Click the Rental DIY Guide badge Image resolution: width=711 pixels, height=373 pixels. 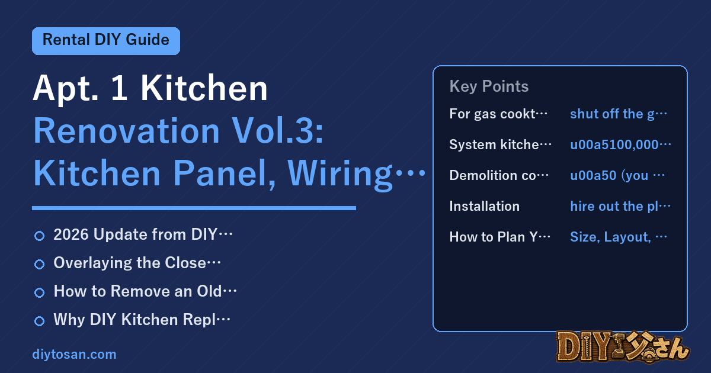pyautogui.click(x=106, y=41)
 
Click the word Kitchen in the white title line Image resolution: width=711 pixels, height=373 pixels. pyautogui.click(x=204, y=88)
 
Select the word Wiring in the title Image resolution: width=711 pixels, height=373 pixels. pyautogui.click(x=340, y=174)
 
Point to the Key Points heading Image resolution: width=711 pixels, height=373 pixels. pyautogui.click(x=489, y=86)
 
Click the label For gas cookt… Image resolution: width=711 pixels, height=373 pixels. pyautogui.click(x=498, y=114)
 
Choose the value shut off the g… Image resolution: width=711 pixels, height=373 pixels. pyautogui.click(x=619, y=114)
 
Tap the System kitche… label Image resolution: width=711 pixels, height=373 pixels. pyautogui.click(x=500, y=144)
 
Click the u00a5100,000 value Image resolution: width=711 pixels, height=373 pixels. pyautogui.click(x=620, y=144)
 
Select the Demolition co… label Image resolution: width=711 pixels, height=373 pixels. pyautogui.click(x=499, y=175)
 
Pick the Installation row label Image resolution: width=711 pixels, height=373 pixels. pyautogui.click(x=485, y=206)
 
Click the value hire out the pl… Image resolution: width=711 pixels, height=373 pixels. pyautogui.click(x=620, y=206)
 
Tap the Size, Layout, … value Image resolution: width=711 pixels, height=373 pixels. pyautogui.click(x=619, y=237)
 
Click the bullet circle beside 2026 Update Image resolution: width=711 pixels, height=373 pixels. pyautogui.click(x=39, y=236)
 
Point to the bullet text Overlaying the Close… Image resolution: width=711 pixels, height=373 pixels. pyautogui.click(x=137, y=263)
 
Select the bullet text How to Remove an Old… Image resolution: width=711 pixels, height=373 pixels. pyautogui.click(x=145, y=291)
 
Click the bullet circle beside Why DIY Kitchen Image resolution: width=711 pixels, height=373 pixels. pyautogui.click(x=39, y=321)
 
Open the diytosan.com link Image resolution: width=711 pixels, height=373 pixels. pyautogui.click(x=74, y=354)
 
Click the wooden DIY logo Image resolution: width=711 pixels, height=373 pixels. pyautogui.click(x=623, y=347)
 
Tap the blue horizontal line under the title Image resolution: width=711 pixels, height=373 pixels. pyautogui.click(x=194, y=208)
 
